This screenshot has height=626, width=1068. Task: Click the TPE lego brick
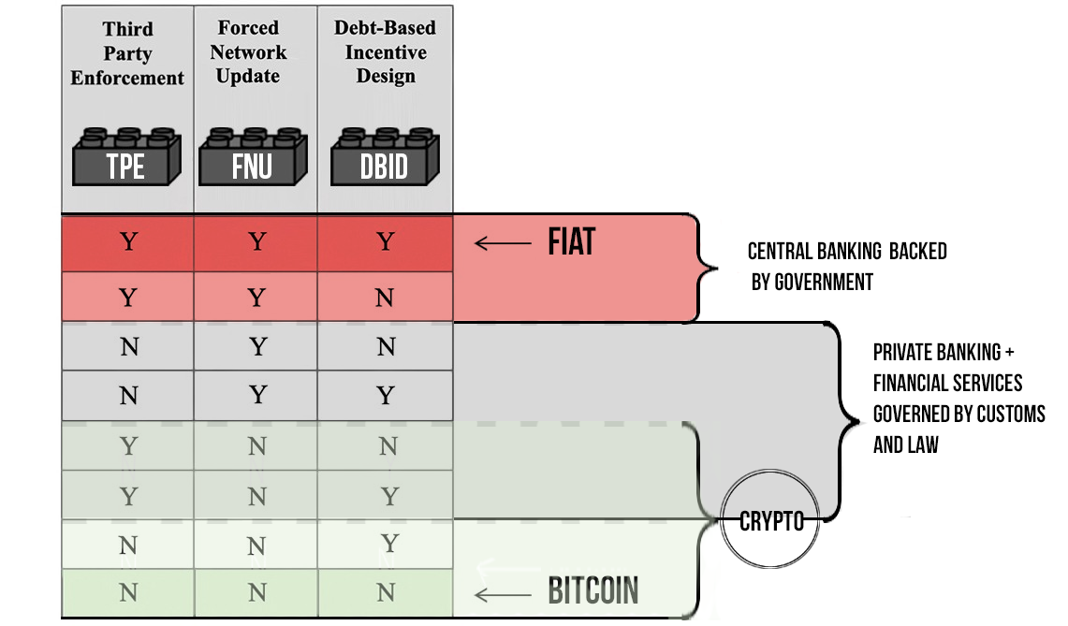(x=126, y=156)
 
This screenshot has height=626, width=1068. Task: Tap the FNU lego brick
(x=253, y=156)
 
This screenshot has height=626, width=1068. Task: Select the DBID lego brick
(x=385, y=156)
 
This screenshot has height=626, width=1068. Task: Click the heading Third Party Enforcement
(x=127, y=53)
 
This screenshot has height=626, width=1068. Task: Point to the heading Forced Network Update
(x=249, y=51)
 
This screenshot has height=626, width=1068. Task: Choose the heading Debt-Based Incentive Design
(x=386, y=51)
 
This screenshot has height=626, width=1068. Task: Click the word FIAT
(x=572, y=241)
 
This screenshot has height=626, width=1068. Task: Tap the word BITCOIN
(x=593, y=590)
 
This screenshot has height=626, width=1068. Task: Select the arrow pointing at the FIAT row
(x=503, y=242)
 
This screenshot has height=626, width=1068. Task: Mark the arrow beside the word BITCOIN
(x=503, y=595)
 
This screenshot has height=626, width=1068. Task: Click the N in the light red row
(x=385, y=298)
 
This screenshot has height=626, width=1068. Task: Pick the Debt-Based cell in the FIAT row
(x=386, y=241)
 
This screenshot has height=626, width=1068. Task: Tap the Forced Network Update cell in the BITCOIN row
(x=256, y=592)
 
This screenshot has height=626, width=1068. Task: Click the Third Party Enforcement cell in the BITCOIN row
(x=128, y=592)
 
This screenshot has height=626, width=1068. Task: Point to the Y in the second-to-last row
(x=389, y=543)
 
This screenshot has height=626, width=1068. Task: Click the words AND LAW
(x=906, y=444)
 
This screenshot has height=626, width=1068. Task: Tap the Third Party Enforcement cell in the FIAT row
(x=128, y=241)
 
